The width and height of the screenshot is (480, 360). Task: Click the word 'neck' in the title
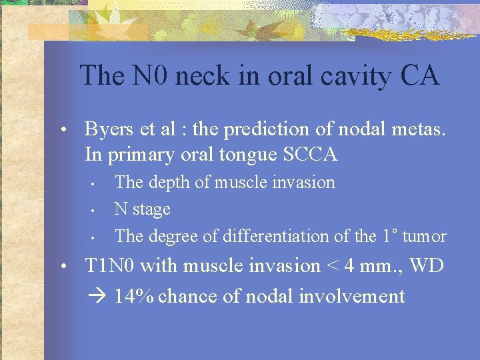tap(214, 75)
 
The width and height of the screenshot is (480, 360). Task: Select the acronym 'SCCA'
tap(311, 155)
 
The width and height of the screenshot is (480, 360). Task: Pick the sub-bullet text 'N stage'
tap(143, 209)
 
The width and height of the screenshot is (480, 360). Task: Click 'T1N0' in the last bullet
tap(110, 265)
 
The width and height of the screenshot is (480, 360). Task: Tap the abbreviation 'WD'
tap(427, 265)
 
